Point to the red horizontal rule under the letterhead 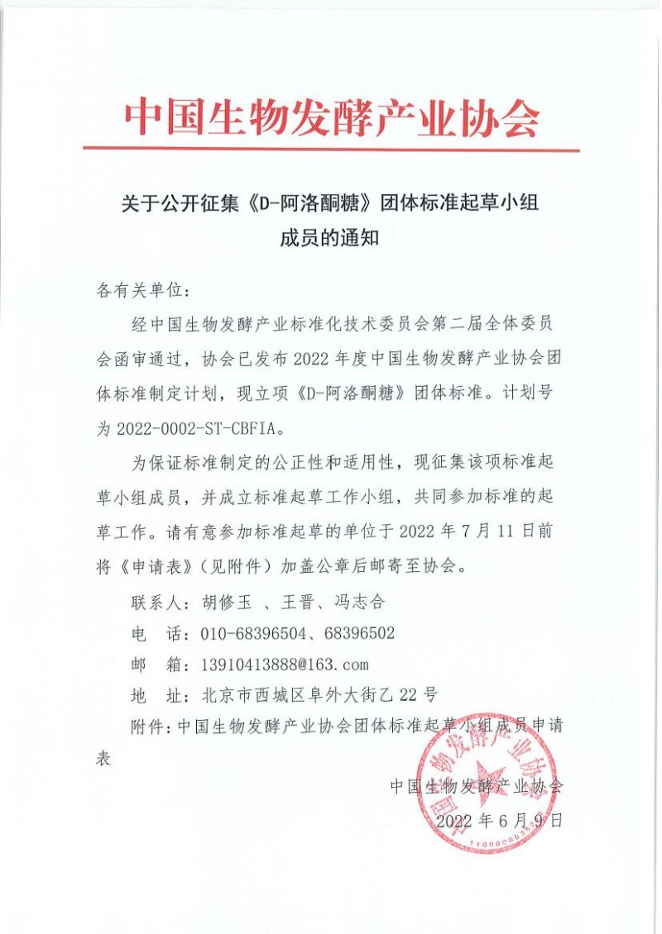pyautogui.click(x=331, y=150)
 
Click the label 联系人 pyautogui.click(x=156, y=602)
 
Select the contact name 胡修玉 pyautogui.click(x=224, y=602)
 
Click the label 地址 pyautogui.click(x=156, y=695)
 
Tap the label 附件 pyautogui.click(x=150, y=726)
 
